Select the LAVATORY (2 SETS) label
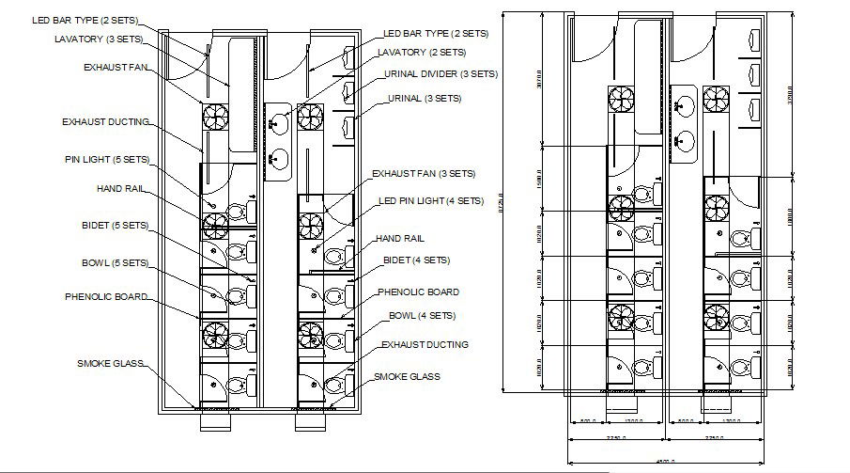tap(422, 52)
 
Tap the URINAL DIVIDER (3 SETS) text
tap(440, 73)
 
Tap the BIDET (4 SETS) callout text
tap(416, 260)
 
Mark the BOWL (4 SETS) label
tap(422, 315)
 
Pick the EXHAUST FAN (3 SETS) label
tap(423, 174)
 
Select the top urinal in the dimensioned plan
tap(755, 40)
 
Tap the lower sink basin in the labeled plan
tap(279, 158)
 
